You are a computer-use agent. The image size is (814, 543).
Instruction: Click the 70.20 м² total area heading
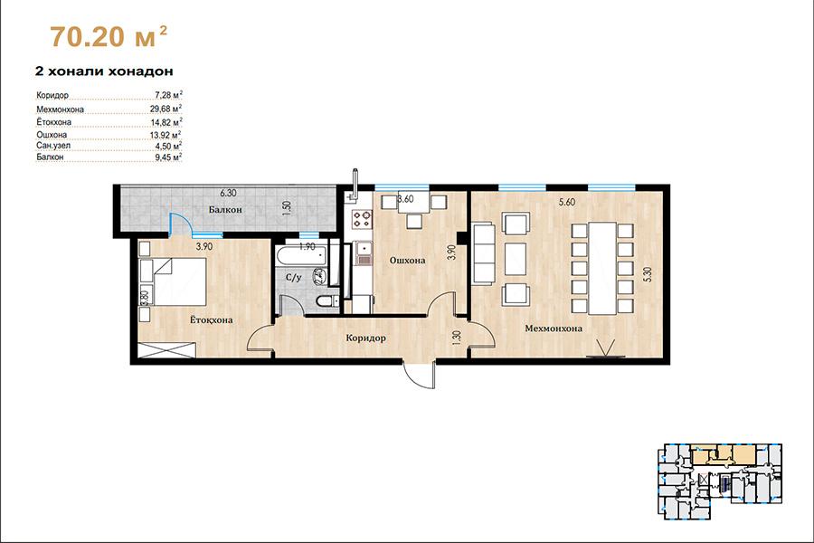tap(109, 36)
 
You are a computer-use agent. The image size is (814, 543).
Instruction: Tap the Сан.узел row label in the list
tap(53, 146)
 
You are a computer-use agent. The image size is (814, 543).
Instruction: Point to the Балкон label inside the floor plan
tap(225, 209)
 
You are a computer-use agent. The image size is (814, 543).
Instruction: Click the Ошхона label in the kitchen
tap(408, 260)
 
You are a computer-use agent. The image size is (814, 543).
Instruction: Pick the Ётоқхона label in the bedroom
tap(211, 319)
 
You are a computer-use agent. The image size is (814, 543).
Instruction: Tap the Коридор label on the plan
tap(365, 338)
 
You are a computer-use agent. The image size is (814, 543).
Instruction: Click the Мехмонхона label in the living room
tap(554, 329)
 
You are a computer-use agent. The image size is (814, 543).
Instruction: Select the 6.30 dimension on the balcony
tap(228, 193)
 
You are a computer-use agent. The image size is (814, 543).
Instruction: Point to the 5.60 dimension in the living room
tap(567, 202)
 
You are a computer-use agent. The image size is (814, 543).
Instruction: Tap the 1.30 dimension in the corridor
tap(457, 338)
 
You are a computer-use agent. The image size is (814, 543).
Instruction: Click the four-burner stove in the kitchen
tap(362, 218)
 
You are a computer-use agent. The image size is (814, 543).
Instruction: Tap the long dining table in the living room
tap(602, 268)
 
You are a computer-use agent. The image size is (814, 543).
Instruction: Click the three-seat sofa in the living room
tap(483, 253)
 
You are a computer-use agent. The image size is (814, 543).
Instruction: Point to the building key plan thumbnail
tap(719, 481)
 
